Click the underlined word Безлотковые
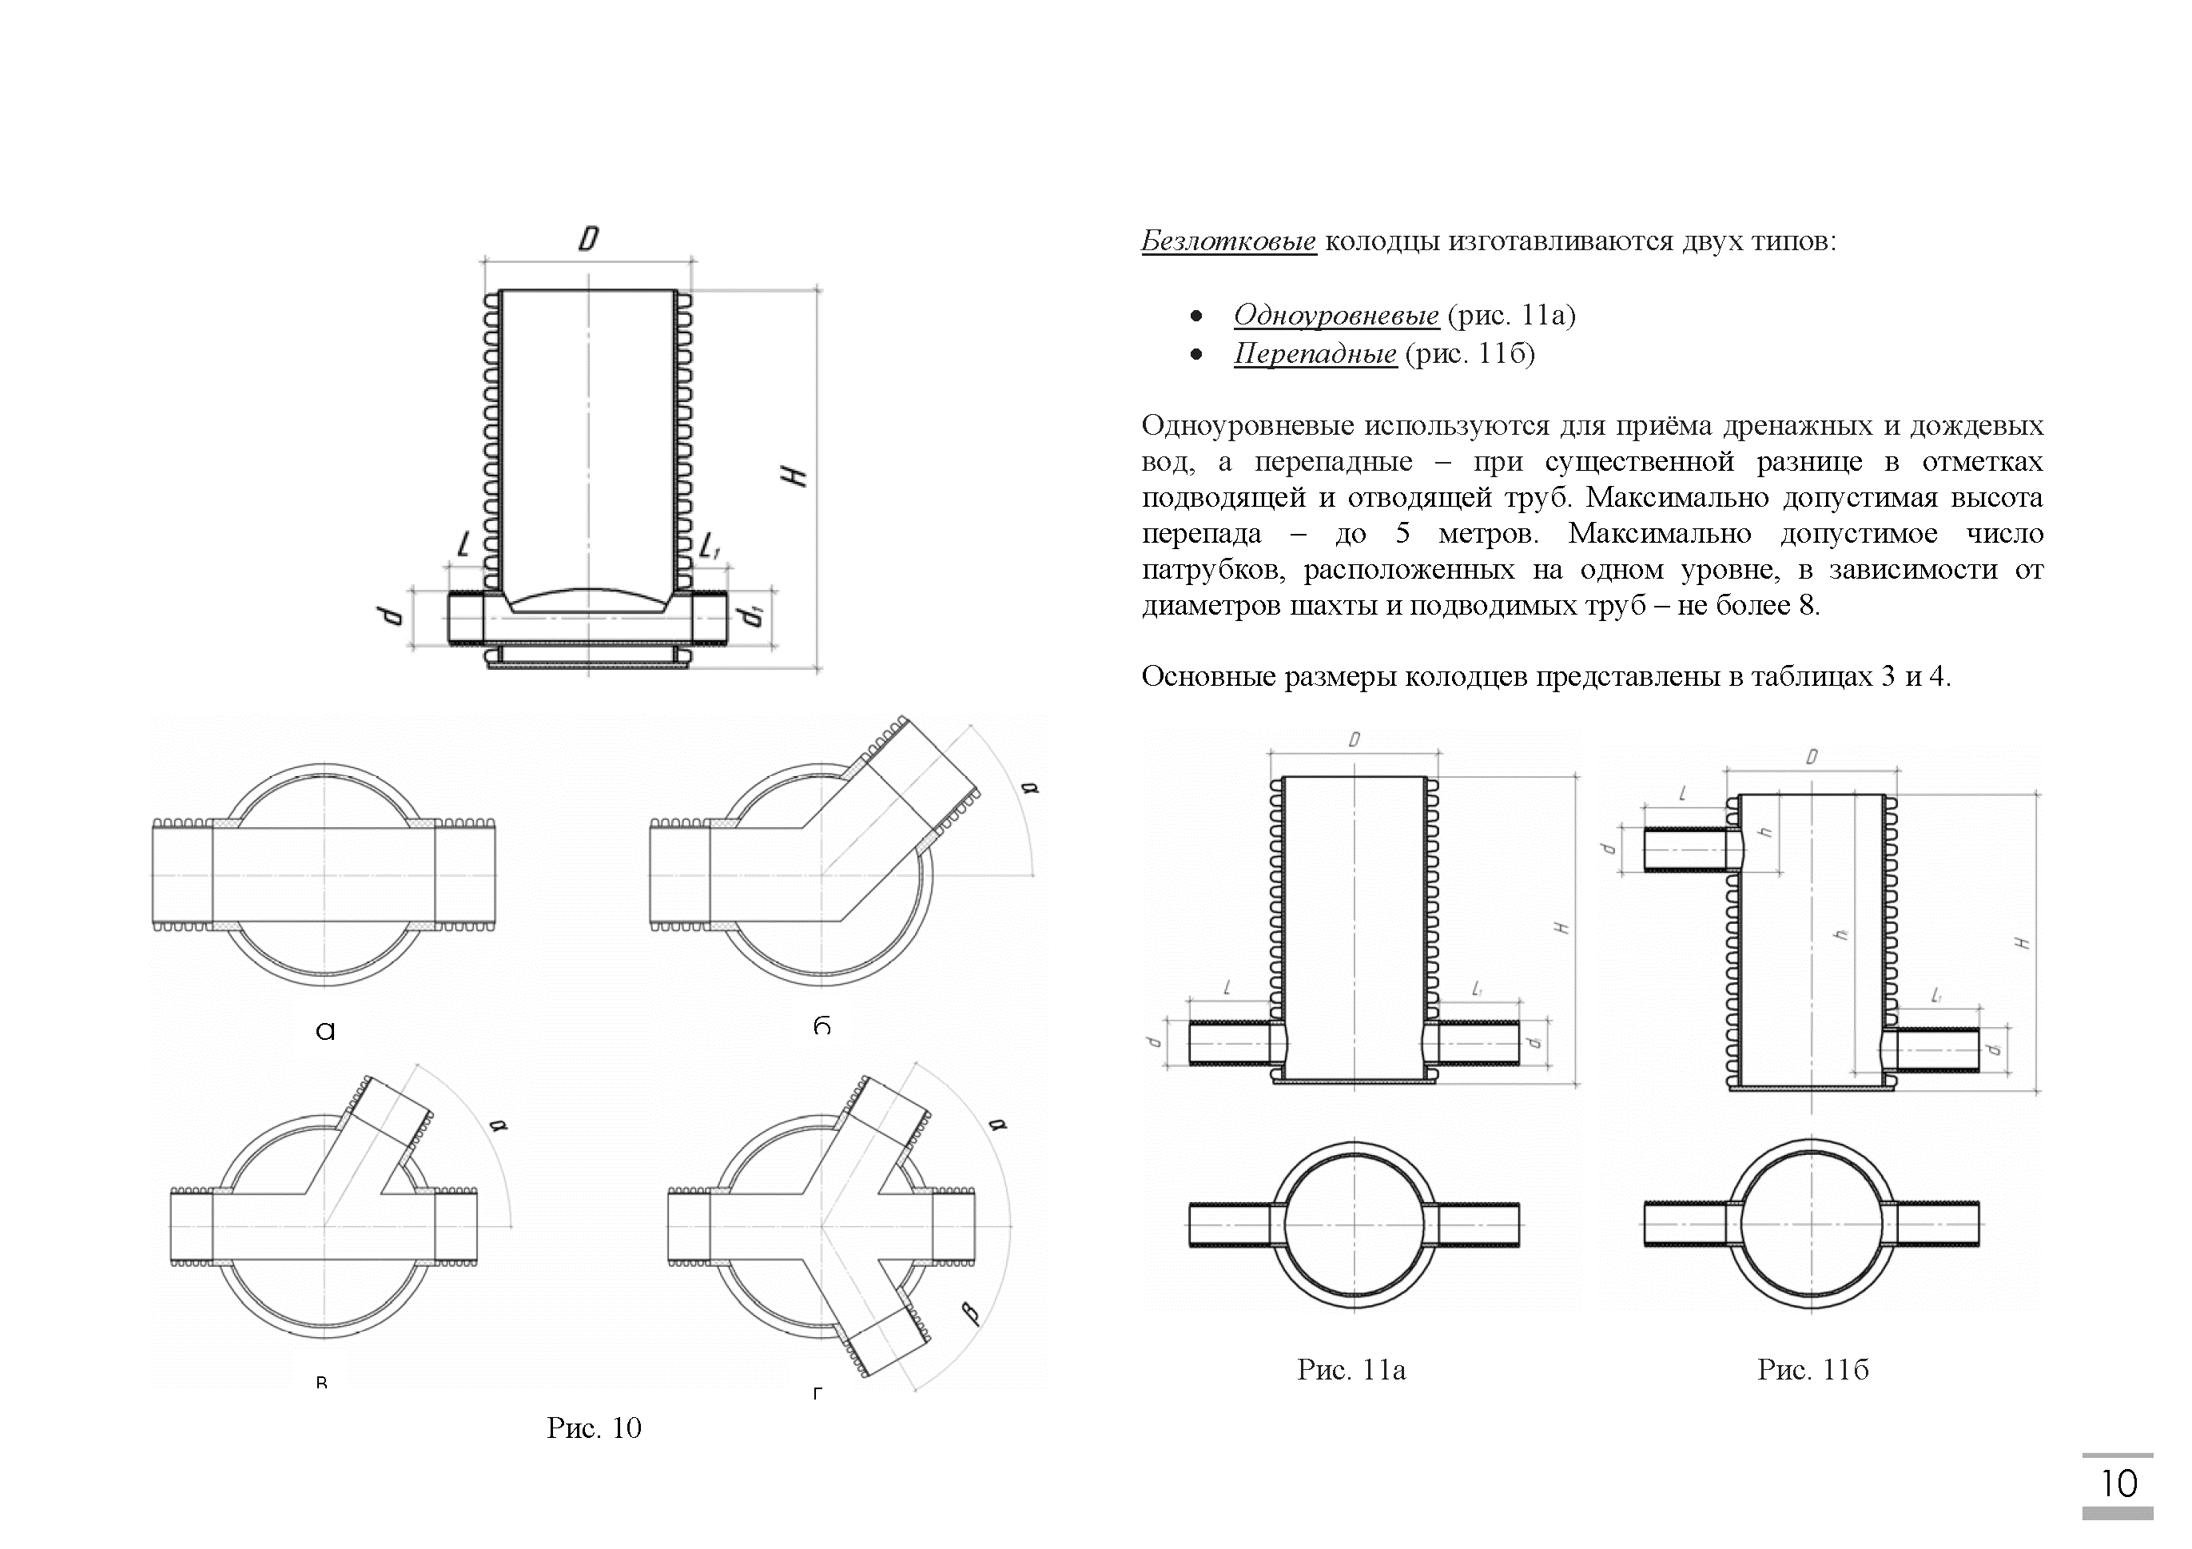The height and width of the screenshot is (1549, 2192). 1227,241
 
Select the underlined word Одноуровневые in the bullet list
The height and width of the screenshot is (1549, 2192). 1335,314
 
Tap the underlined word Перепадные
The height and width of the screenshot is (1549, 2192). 1315,353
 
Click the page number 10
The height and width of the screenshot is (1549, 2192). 2118,1483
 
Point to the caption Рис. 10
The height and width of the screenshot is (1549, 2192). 594,1428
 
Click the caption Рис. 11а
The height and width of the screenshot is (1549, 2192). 1351,1369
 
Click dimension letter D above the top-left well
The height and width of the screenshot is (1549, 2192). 588,239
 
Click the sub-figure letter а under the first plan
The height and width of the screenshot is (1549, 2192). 325,1030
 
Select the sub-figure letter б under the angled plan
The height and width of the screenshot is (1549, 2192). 822,1026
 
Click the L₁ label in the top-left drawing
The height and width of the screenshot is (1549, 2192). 710,548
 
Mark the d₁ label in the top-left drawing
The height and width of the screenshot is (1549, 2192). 755,616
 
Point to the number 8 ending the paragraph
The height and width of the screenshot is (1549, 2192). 1808,606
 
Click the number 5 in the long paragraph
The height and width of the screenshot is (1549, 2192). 1402,533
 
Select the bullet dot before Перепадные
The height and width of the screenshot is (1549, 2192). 1196,354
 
